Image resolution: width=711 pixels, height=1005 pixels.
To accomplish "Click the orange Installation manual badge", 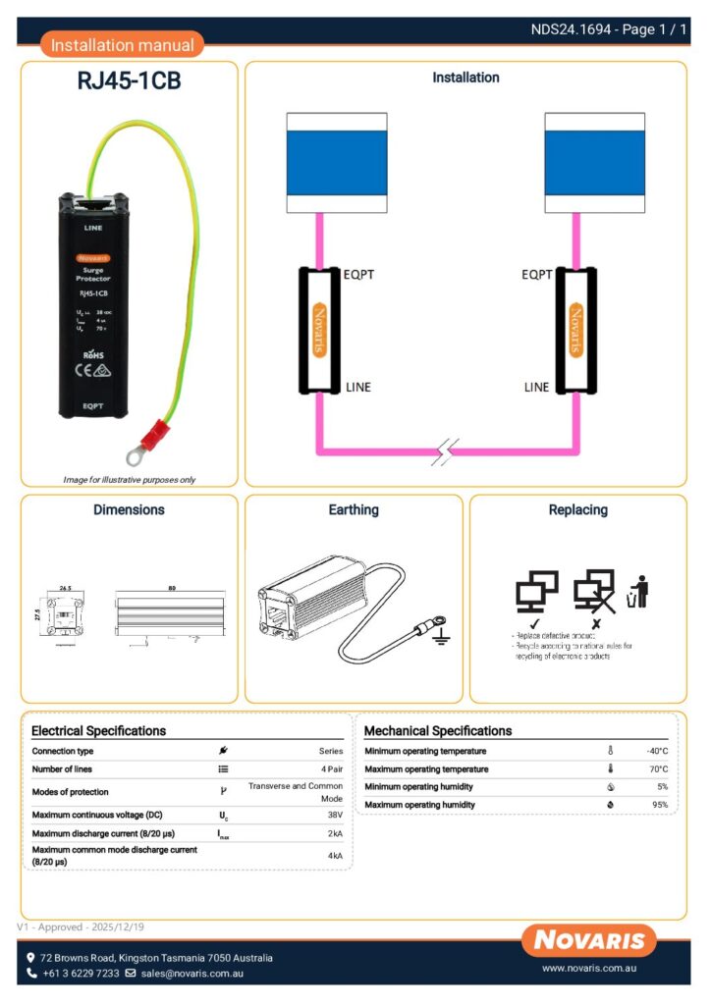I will click(123, 44).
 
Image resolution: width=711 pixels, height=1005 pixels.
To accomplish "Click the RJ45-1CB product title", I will click(129, 81).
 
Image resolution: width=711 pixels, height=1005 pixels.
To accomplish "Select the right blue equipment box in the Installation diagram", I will click(594, 162).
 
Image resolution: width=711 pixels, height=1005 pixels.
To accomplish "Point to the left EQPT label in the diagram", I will click(359, 275).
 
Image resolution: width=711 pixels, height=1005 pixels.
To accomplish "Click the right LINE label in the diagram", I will click(536, 387).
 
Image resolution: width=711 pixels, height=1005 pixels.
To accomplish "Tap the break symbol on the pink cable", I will click(446, 453).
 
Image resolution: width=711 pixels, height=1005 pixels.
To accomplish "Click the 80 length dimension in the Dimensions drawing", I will click(172, 588).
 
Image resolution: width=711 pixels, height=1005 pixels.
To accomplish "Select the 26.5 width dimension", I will click(64, 589).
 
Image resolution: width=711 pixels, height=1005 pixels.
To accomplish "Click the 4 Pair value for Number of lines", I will click(330, 769).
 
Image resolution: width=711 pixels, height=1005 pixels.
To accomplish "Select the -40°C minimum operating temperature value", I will click(657, 752).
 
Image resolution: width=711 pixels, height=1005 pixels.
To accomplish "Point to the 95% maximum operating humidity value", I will click(659, 805).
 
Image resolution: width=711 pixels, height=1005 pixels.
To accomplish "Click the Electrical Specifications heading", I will click(98, 731).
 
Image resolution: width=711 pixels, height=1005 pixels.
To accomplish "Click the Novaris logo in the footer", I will click(589, 940).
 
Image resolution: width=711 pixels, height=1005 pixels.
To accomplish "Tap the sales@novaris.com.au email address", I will click(191, 974).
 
